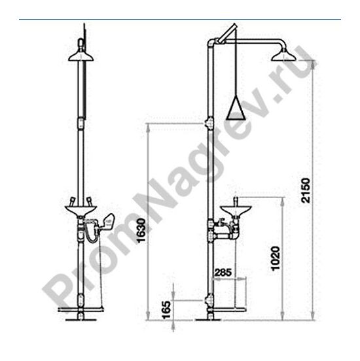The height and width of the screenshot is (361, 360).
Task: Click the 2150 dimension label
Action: pos(306,190)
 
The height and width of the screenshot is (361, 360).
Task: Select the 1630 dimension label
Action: pos(141,231)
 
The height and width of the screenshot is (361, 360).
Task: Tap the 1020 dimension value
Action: pos(275,258)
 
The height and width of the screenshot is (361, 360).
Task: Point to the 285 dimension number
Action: pos(223,273)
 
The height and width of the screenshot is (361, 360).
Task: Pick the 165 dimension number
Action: pos(166,309)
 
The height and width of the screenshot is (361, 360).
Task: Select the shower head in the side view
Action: pos(283,56)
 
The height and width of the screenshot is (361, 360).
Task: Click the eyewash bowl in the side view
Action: pos(236,210)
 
